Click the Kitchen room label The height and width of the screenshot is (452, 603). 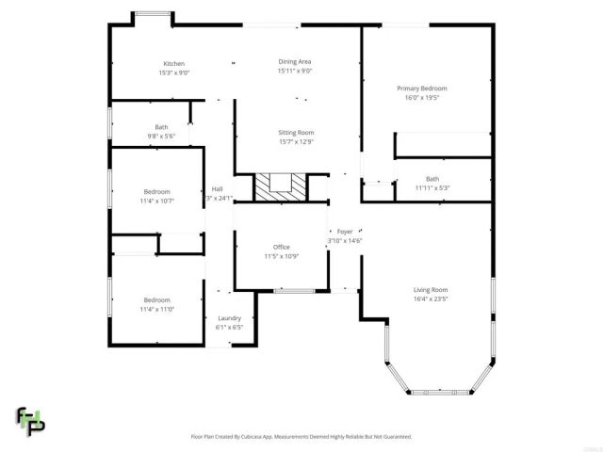(172, 63)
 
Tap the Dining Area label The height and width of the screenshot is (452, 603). (294, 61)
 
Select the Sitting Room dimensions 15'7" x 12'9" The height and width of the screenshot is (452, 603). (295, 142)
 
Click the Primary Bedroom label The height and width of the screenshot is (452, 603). (420, 88)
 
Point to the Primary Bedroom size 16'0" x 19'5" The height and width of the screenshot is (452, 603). (420, 97)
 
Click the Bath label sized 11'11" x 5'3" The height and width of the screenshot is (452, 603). (432, 179)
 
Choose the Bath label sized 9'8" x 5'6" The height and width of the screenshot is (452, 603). (161, 127)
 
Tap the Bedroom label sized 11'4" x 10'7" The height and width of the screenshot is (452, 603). (157, 191)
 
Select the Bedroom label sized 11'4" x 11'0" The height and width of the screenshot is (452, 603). (157, 299)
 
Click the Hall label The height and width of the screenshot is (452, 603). (217, 188)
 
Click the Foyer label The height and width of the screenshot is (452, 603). (345, 232)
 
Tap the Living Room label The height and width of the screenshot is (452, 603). (431, 289)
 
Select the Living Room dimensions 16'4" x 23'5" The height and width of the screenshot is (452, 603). (431, 299)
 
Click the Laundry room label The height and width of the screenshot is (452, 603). (230, 318)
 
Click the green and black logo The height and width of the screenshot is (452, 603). (30, 421)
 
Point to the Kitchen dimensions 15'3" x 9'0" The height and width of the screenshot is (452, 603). (172, 72)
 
